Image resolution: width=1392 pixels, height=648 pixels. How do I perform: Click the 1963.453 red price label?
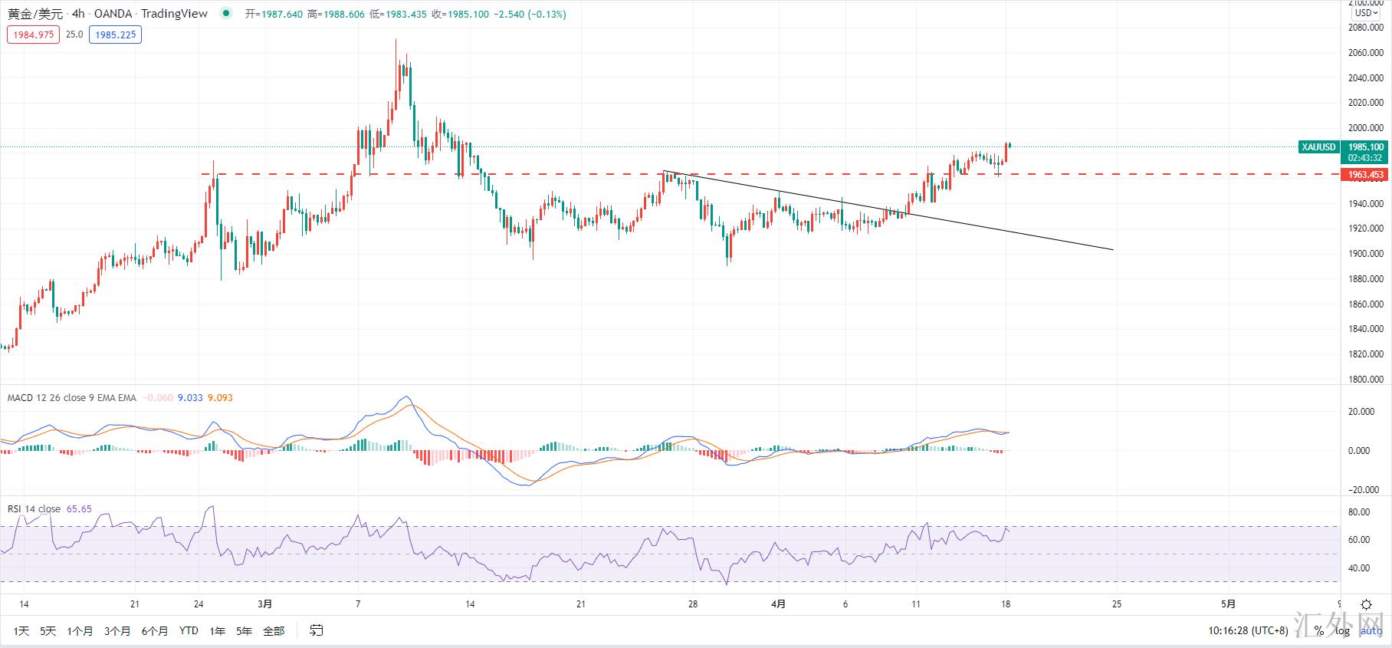pos(1365,175)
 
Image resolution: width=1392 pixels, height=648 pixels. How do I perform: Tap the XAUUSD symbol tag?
pos(1318,147)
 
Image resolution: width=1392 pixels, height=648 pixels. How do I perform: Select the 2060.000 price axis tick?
pos(1365,53)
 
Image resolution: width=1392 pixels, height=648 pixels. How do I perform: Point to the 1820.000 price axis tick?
pos(1365,354)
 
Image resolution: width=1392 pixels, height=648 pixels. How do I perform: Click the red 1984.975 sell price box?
pos(33,35)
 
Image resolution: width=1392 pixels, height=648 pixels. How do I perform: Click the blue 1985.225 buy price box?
pos(115,35)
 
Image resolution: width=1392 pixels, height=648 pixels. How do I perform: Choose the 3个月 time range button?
pos(117,631)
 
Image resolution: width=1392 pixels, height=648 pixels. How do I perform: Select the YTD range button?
pos(189,631)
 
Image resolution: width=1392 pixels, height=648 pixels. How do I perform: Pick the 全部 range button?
pos(274,631)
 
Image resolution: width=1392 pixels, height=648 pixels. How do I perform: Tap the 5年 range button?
pos(244,631)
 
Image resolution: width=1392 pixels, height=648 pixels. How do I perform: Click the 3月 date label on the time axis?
pos(264,604)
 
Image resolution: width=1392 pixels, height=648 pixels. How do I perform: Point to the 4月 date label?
pos(778,604)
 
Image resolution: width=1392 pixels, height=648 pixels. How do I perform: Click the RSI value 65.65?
pos(79,509)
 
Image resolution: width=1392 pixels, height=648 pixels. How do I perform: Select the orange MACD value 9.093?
pos(220,398)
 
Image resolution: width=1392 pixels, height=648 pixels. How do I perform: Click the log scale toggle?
pos(1342,631)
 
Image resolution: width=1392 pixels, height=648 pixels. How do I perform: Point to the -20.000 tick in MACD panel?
pos(1365,490)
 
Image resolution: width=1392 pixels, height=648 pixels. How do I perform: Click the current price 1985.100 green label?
pos(1365,146)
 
